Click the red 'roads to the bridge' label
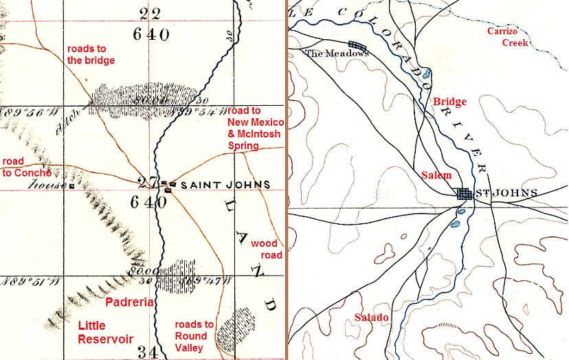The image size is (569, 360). [x=90, y=54]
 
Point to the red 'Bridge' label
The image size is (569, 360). [x=449, y=102]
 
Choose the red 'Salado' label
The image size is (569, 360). [x=371, y=317]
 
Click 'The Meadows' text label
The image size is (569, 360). [x=332, y=53]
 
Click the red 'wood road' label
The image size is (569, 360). [x=267, y=249]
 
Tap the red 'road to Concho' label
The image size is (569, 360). [x=22, y=167]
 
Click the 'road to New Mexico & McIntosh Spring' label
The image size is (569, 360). [x=254, y=128]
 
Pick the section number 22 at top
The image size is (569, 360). [x=152, y=12]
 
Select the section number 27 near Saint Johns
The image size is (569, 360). [x=146, y=183]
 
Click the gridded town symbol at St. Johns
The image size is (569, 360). [x=465, y=194]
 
